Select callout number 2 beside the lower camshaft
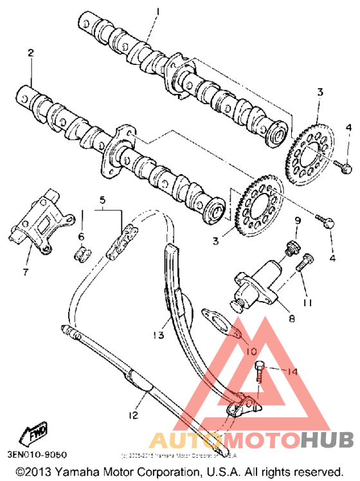30,53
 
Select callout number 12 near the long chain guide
132,415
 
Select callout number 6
82,237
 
